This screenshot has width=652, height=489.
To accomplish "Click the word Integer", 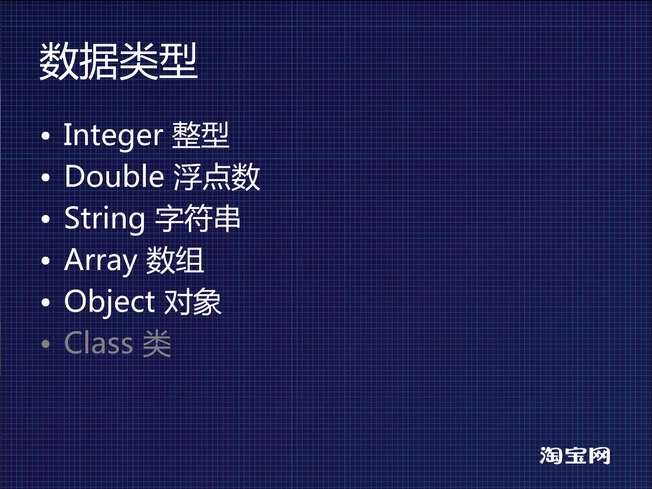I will (113, 136).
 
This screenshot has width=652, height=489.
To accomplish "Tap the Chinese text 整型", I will (201, 135).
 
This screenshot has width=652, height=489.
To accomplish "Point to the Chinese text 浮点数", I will (217, 177).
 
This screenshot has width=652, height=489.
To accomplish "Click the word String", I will (104, 219).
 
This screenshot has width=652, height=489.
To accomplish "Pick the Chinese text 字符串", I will (197, 218).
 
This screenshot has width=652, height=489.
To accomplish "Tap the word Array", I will (100, 261).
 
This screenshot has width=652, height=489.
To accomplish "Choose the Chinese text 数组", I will (175, 260).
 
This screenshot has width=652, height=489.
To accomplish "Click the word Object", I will (110, 302).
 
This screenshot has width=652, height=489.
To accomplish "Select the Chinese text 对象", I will (193, 301).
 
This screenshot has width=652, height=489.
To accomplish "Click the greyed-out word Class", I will (99, 343).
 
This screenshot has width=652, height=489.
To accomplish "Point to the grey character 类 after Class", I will (157, 343).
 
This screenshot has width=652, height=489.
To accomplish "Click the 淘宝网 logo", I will (575, 456).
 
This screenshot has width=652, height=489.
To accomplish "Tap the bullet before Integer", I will (46, 136).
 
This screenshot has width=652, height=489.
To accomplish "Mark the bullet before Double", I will (46, 177).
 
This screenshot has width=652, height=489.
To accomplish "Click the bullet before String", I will (46, 219).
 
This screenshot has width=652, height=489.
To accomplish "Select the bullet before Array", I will (46, 261).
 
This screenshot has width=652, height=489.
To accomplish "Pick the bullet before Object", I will (46, 302).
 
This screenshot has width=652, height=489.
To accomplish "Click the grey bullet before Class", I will (46, 344).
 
